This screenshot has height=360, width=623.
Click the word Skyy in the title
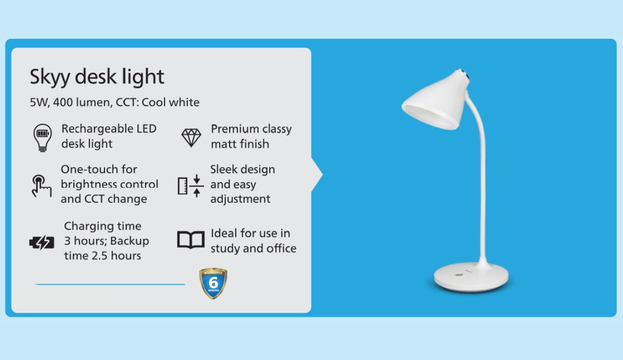coord(50,77)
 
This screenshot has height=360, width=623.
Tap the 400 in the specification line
coord(63,102)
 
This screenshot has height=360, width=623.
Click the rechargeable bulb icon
coord(42,138)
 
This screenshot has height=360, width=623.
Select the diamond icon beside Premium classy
coord(191,138)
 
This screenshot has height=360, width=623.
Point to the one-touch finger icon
coord(41,186)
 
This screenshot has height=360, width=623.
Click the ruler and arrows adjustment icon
coord(191,186)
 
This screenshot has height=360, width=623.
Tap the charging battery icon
coord(42,243)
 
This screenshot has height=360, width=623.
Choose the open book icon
coord(191,239)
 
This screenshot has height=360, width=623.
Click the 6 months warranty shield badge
coord(213,283)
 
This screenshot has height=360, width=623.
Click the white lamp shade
coord(435,100)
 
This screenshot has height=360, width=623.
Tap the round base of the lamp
coord(471,277)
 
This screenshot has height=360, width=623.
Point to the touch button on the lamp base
coord(459,275)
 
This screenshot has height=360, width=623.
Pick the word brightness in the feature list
coord(88,184)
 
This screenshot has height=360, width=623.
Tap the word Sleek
coord(222,169)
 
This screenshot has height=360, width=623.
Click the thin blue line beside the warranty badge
coord(110,284)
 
